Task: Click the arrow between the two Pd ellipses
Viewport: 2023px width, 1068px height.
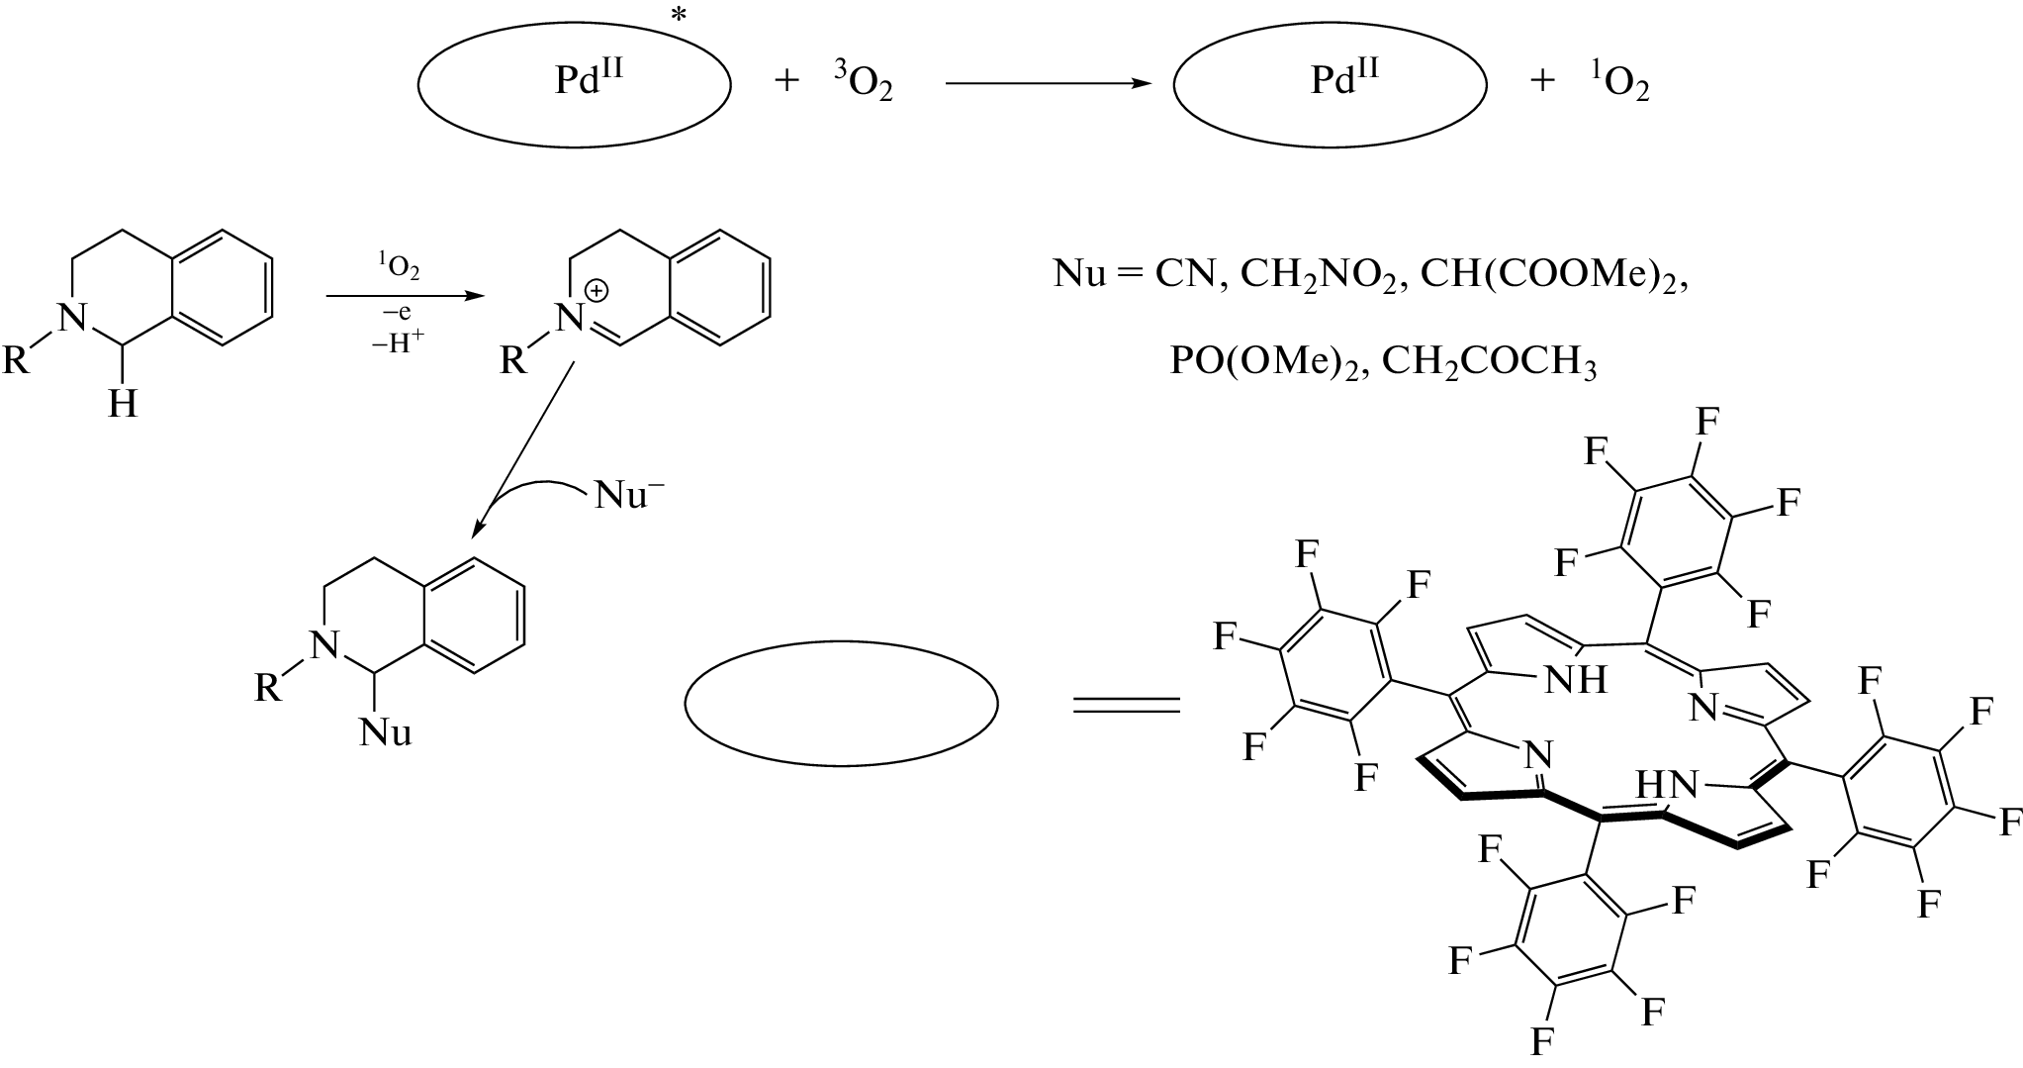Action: [1049, 84]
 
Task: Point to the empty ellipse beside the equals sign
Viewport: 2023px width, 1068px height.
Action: [841, 704]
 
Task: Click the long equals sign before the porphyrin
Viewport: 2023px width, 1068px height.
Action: [1127, 704]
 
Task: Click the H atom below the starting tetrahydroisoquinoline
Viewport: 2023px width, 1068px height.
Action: [123, 403]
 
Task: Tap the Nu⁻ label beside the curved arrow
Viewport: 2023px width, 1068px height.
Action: [629, 495]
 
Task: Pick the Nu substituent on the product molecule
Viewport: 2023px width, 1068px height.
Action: [385, 732]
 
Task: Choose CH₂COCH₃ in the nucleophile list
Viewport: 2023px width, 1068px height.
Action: [1489, 362]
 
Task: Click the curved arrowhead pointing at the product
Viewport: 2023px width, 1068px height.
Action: [478, 532]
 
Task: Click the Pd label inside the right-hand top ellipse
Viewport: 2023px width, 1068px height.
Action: [1344, 79]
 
